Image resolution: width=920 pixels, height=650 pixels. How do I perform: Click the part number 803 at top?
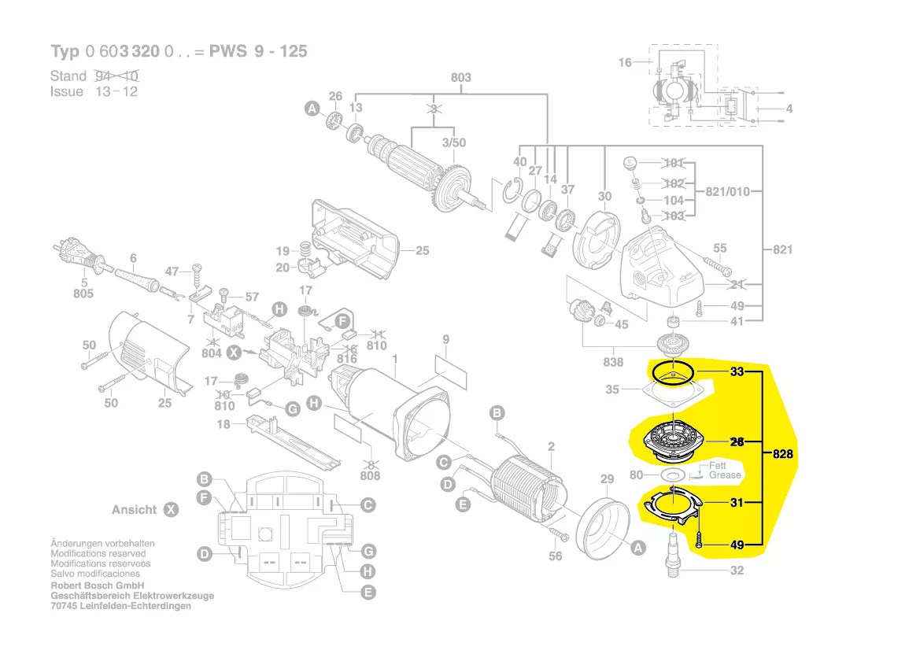(460, 77)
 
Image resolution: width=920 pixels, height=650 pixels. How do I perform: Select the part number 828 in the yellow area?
(782, 455)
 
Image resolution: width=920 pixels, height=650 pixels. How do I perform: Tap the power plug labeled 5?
(72, 253)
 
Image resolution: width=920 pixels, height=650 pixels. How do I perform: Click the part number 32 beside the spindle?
(737, 571)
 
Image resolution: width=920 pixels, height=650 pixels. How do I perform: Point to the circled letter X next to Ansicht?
(171, 510)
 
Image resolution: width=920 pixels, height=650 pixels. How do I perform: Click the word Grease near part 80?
(725, 475)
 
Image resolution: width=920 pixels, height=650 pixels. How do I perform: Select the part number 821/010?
(728, 191)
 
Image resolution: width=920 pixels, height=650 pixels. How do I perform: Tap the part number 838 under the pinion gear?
(613, 362)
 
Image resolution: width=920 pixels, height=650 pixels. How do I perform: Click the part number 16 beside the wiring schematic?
(624, 62)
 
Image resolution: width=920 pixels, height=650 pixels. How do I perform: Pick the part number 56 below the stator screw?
(556, 556)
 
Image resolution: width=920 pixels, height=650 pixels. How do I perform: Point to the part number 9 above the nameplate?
(445, 340)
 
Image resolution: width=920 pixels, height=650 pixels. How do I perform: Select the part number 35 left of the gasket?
(613, 389)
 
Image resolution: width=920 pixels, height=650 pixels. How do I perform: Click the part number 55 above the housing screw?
(719, 249)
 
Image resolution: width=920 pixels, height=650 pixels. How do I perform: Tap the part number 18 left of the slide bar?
(224, 425)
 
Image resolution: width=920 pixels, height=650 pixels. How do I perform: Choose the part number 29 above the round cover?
(606, 479)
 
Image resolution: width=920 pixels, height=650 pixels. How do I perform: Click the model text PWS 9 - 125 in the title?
(258, 52)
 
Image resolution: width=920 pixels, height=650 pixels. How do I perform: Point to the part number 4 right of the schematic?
(789, 109)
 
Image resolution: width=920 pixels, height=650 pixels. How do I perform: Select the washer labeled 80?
(672, 475)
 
